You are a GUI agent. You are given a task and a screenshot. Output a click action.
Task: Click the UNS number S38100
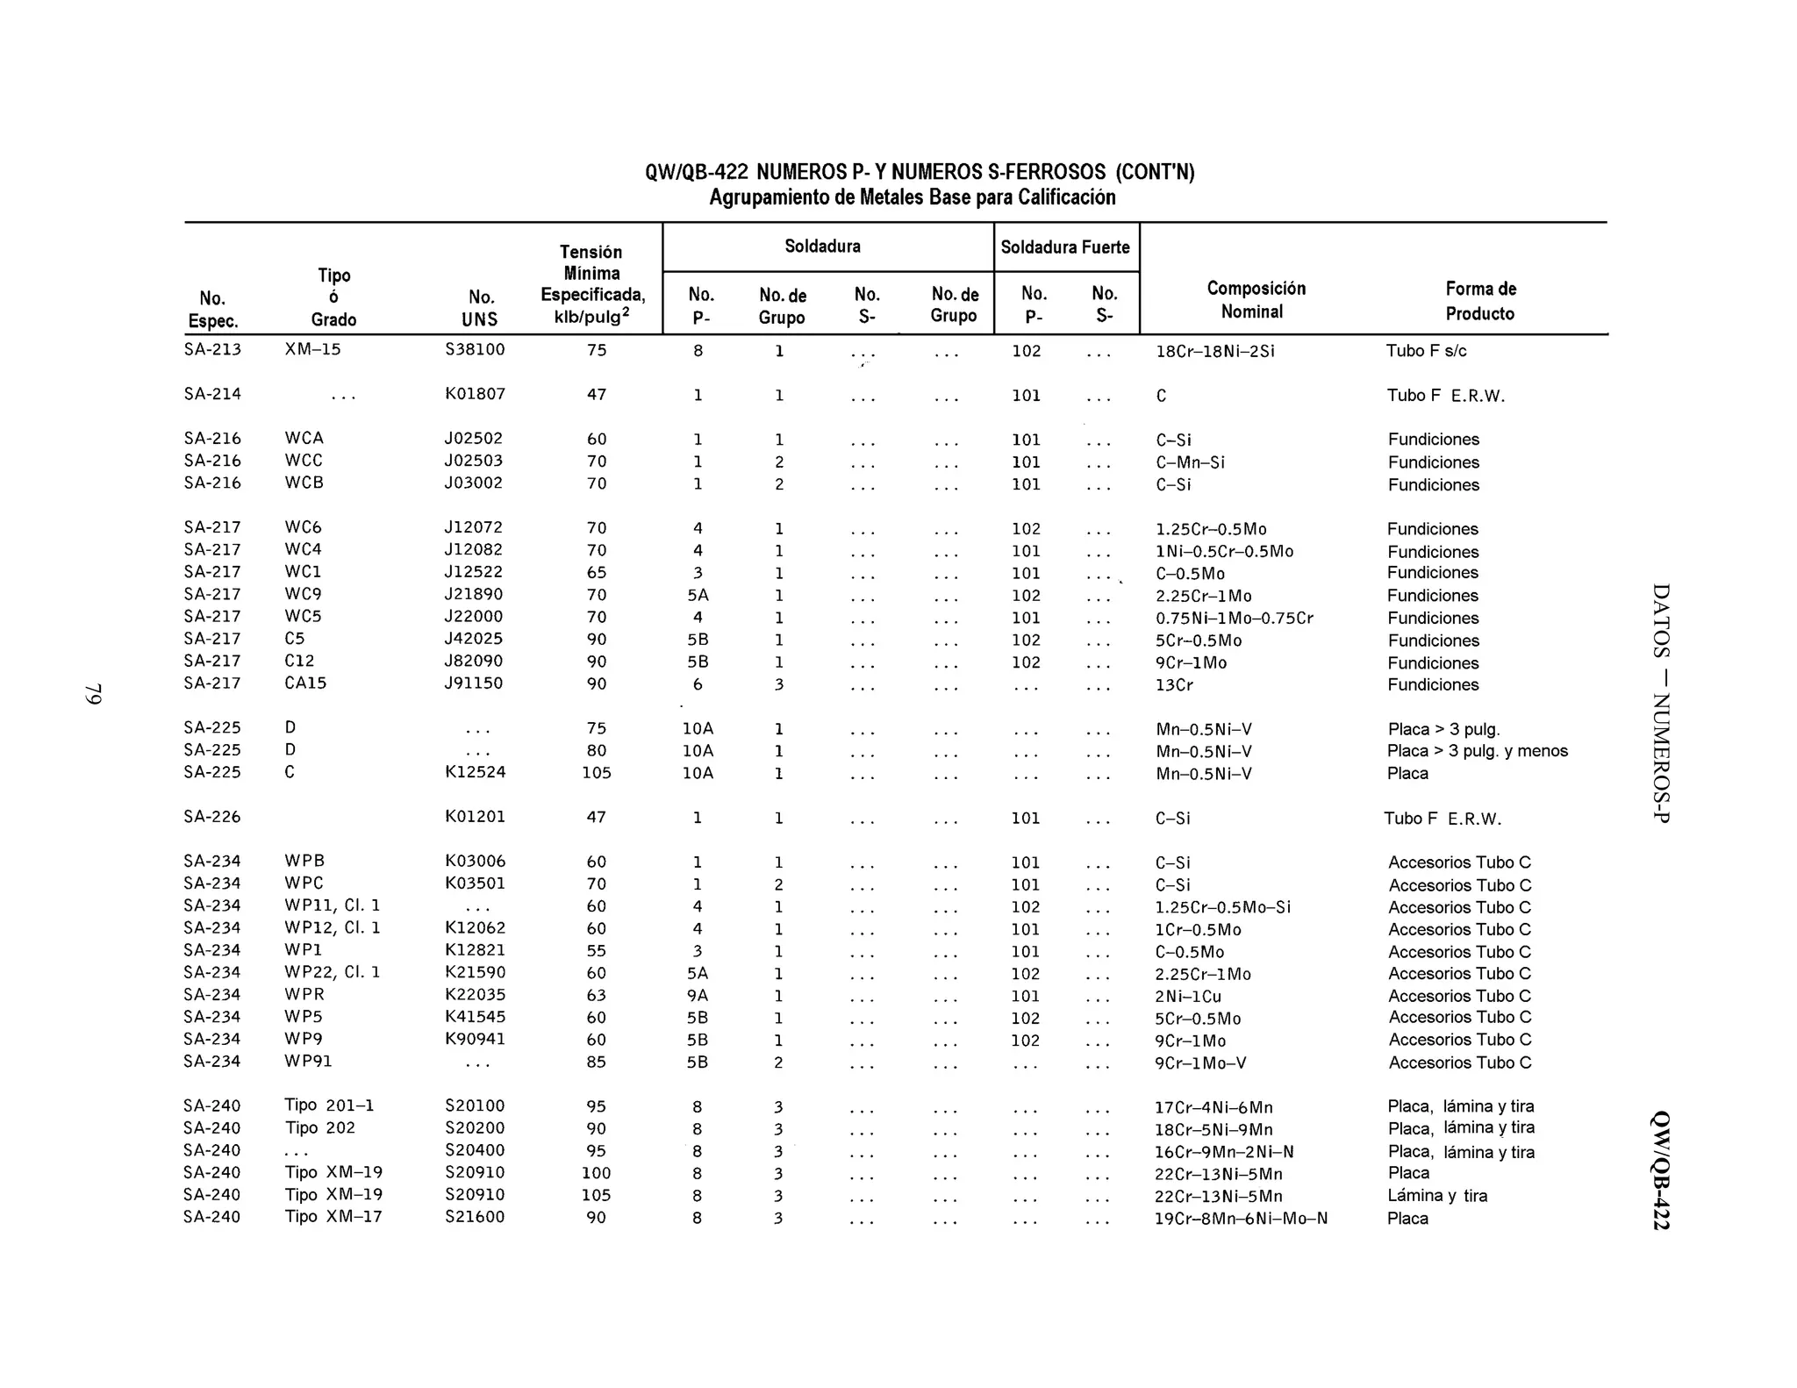click(475, 349)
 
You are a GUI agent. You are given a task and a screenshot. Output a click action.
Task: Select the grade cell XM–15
click(312, 349)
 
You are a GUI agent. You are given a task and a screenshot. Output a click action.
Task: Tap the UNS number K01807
click(475, 394)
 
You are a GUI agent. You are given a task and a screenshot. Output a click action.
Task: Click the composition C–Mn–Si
click(1190, 462)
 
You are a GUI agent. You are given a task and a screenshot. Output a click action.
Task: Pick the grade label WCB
click(304, 483)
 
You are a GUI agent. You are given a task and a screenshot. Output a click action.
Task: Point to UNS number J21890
click(474, 594)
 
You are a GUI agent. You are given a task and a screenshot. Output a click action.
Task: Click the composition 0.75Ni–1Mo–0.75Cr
click(1234, 618)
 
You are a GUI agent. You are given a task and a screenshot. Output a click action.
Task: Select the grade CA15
click(305, 683)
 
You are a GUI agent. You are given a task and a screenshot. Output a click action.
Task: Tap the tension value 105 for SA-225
click(597, 773)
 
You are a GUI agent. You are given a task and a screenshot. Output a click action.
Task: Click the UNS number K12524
click(475, 772)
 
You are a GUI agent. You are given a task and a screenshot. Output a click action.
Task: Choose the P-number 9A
click(698, 996)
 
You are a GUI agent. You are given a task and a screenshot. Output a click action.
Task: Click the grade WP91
click(308, 1061)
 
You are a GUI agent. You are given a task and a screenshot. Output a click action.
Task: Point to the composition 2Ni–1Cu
click(1188, 997)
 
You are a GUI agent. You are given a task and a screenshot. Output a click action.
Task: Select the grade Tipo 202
click(319, 1127)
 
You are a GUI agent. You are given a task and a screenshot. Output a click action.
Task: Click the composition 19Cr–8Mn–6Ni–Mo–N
click(1241, 1218)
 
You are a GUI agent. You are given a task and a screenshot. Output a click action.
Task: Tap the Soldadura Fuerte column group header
click(1065, 247)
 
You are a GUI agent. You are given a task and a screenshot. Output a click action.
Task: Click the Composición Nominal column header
click(1255, 300)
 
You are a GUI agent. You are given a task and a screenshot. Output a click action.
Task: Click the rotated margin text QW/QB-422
click(1660, 1170)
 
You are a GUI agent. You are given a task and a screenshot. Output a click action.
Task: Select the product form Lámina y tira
click(1436, 1195)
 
